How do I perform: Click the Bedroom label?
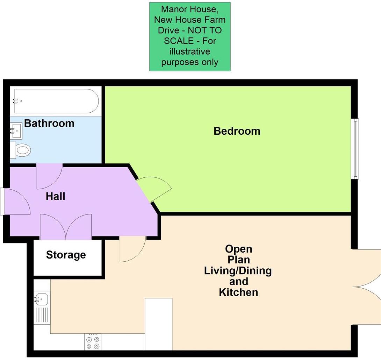click(237, 131)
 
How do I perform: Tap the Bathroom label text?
click(49, 123)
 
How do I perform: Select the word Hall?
click(56, 197)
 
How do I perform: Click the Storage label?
click(66, 255)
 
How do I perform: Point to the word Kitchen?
click(238, 292)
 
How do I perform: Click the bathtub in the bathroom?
click(56, 101)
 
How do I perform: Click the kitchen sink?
click(42, 299)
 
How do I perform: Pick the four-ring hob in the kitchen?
click(93, 342)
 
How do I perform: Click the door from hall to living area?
click(132, 249)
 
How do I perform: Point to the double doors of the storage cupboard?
click(66, 227)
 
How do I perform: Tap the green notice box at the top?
click(190, 36)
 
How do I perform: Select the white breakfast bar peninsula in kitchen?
click(159, 324)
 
